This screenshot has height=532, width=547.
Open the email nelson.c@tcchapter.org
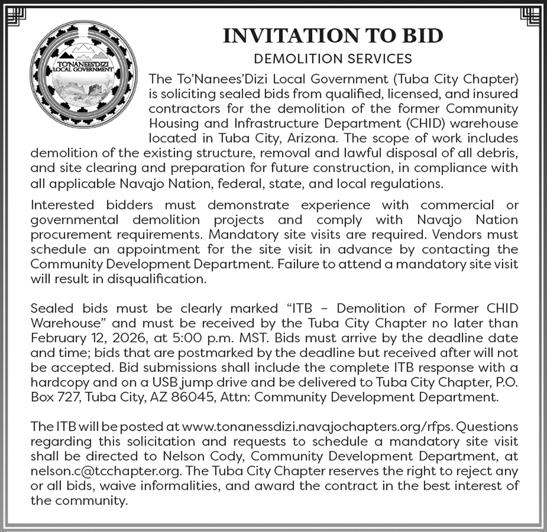click(100, 471)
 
